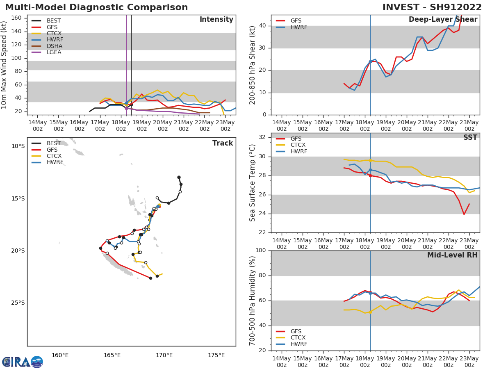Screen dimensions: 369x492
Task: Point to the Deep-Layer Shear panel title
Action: (443, 20)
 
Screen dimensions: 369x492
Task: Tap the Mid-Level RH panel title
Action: (452, 255)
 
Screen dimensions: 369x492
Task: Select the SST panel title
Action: (470, 137)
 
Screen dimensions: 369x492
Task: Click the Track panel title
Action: (223, 143)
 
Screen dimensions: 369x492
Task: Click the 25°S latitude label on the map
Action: (18, 303)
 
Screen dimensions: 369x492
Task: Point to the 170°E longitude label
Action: (164, 355)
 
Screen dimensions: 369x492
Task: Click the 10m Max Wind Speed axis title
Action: (5, 65)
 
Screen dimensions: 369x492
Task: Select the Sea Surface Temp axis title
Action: (253, 183)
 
